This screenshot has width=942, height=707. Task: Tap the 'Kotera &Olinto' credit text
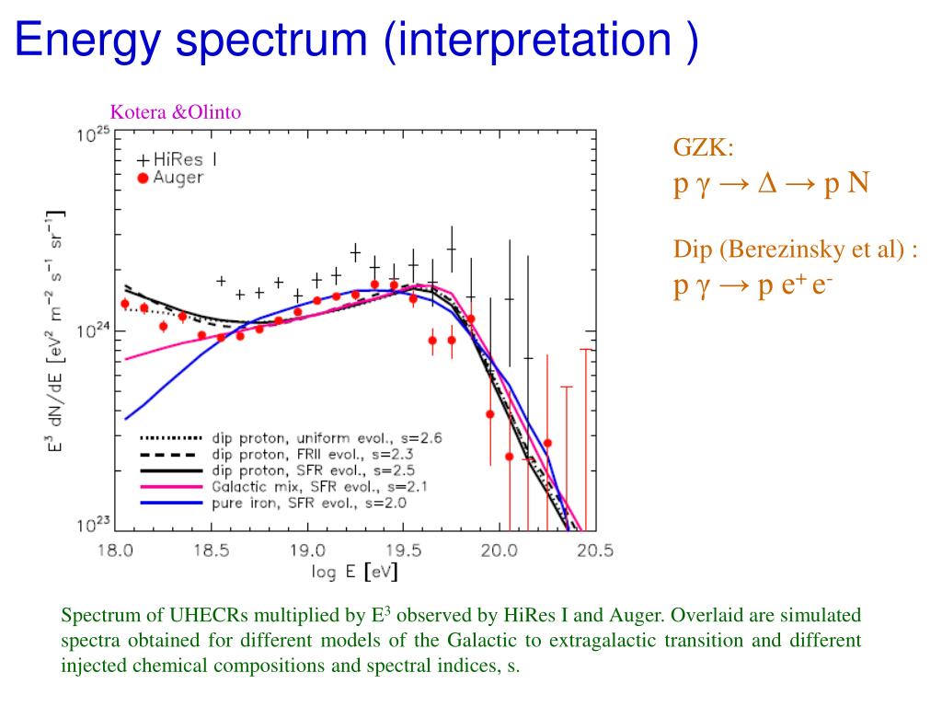pyautogui.click(x=176, y=112)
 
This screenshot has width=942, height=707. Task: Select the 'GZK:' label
pyautogui.click(x=704, y=147)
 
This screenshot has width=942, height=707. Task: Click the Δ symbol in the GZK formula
pyautogui.click(x=768, y=185)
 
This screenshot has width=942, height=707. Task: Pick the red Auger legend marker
pyautogui.click(x=143, y=178)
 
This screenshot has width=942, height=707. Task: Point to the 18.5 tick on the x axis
pyautogui.click(x=211, y=551)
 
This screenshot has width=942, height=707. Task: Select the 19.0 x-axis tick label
pyautogui.click(x=307, y=551)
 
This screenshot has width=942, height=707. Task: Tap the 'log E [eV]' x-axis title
pyautogui.click(x=354, y=573)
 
